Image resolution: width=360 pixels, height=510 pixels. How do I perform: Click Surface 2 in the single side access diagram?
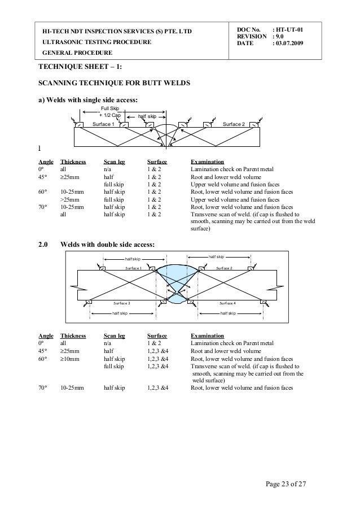click(234, 124)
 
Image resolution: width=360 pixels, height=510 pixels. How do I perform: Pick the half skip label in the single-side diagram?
click(147, 116)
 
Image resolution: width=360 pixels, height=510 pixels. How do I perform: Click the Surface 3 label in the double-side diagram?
click(122, 303)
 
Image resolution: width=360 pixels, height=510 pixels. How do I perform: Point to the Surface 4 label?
click(228, 303)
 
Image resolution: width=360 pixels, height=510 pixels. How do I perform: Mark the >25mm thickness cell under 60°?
click(71, 199)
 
